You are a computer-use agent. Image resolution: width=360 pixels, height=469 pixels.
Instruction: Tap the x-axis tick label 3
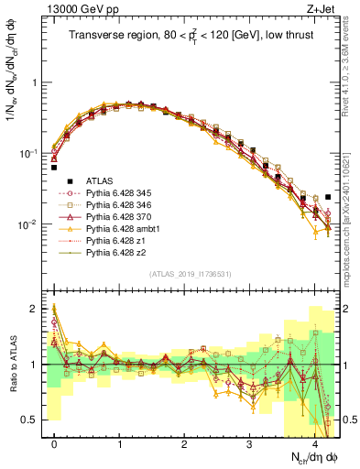tap(249, 443)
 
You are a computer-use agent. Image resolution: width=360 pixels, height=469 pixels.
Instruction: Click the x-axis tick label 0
tap(54, 443)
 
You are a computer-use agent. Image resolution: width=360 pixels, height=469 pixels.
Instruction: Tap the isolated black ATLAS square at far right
tap(328, 196)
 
